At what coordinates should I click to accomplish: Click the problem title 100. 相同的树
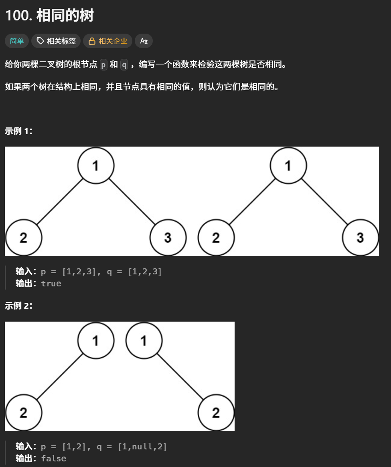pyautogui.click(x=49, y=16)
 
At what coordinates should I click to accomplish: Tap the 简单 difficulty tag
pyautogui.click(x=17, y=41)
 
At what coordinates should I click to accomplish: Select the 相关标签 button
pyautogui.click(x=56, y=41)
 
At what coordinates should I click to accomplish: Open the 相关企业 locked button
pyautogui.click(x=108, y=41)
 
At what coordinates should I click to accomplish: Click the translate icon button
pyautogui.click(x=144, y=41)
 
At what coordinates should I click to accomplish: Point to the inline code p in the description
pyautogui.click(x=103, y=64)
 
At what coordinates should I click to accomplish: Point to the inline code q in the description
pyautogui.click(x=124, y=64)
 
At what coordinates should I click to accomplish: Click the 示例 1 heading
pyautogui.click(x=18, y=131)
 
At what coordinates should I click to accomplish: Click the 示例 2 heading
pyautogui.click(x=18, y=306)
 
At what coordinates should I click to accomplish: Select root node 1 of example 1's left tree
pyautogui.click(x=96, y=165)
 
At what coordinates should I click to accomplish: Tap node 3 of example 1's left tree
pyautogui.click(x=168, y=238)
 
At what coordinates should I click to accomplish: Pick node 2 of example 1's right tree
pyautogui.click(x=216, y=238)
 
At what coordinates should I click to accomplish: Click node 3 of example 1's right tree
pyautogui.click(x=360, y=238)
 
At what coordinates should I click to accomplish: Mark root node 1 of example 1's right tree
pyautogui.click(x=288, y=165)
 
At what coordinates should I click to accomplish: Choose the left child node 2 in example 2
pyautogui.click(x=23, y=413)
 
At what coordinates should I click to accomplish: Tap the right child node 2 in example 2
pyautogui.click(x=216, y=413)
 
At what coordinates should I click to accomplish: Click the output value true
pyautogui.click(x=51, y=284)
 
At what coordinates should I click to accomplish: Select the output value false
pyautogui.click(x=53, y=459)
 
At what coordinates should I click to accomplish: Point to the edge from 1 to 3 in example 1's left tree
pyautogui.click(x=132, y=201)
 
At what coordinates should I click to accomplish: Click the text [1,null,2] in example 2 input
pyautogui.click(x=142, y=447)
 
